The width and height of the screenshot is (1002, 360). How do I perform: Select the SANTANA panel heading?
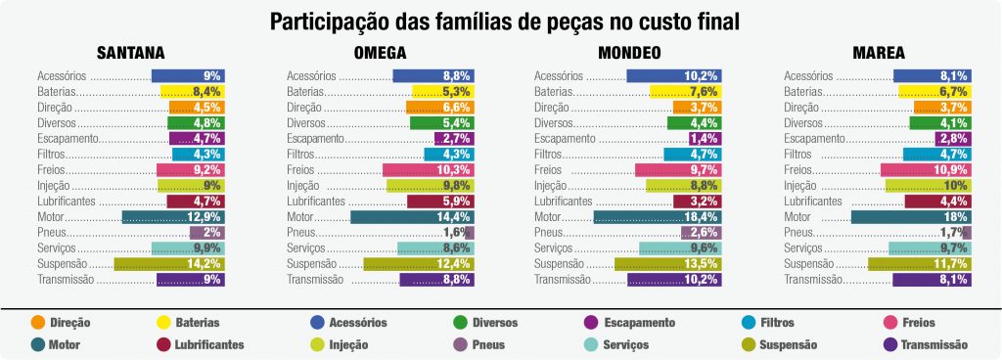[x=130, y=53]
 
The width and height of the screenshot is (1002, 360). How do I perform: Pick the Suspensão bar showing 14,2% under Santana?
[x=169, y=264]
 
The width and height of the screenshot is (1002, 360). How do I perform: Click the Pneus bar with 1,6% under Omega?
[x=470, y=233]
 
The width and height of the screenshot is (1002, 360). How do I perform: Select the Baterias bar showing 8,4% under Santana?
[x=193, y=91]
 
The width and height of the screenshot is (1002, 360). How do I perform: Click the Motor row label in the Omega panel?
[x=302, y=217]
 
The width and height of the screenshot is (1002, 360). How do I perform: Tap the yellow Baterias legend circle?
[x=163, y=322]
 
